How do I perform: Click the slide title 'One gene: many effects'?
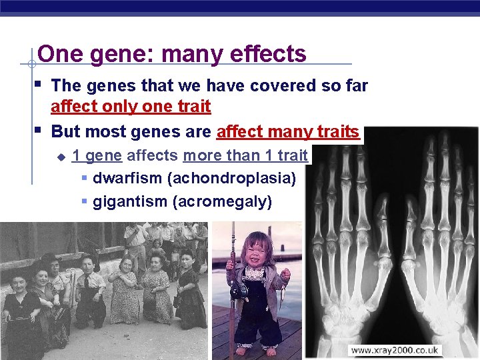click(171, 53)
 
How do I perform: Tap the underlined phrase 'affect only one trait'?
click(131, 106)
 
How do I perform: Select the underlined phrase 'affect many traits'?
click(288, 131)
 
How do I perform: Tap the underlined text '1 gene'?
click(97, 156)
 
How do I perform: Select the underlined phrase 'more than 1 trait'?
click(245, 156)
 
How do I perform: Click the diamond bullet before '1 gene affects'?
click(61, 157)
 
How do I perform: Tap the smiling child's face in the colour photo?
click(255, 249)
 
